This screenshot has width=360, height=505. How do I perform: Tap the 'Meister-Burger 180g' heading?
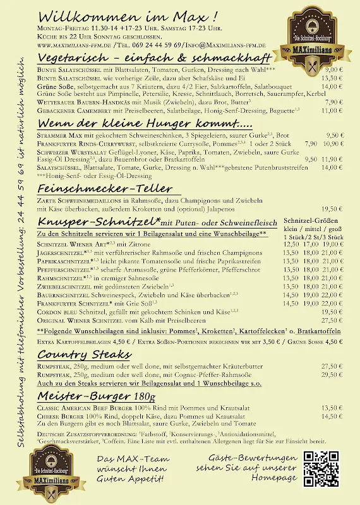pos(96,396)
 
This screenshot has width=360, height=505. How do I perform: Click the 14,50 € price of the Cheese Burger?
pos(332,416)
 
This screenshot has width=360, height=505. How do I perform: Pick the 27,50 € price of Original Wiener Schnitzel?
pos(332,320)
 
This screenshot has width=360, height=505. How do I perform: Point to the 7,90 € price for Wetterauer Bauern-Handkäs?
pos(334,102)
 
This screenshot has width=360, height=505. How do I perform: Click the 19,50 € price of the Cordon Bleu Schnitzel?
pos(332,311)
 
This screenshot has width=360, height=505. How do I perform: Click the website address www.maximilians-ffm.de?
pos(75,45)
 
